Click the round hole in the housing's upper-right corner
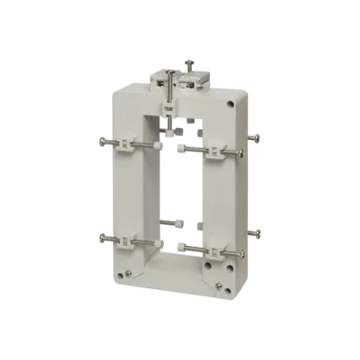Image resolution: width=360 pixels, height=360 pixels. (x=230, y=103)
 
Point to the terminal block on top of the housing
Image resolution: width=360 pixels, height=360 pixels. (x=180, y=81)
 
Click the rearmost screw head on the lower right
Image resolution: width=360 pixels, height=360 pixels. (x=258, y=234)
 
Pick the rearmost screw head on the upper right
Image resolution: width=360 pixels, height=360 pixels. (x=259, y=137)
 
